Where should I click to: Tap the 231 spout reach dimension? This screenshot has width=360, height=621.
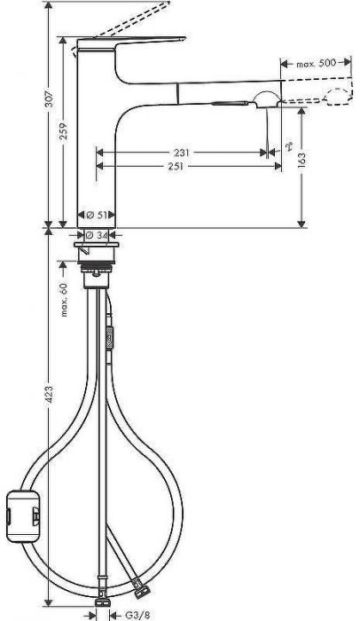pos(182,152)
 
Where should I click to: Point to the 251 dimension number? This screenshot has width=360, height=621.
pos(182,166)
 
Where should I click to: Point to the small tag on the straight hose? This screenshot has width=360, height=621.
pos(110,337)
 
